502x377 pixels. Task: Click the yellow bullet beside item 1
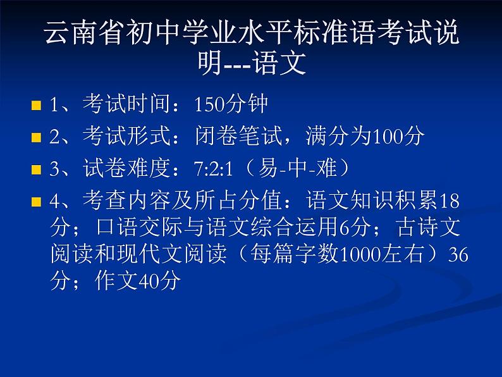click(36, 105)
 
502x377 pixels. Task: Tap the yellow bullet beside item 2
click(36, 137)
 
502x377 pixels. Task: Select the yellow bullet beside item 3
click(36, 170)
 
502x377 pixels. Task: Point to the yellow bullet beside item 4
click(36, 202)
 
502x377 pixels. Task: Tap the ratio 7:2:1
click(217, 169)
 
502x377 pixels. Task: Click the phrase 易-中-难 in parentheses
click(297, 168)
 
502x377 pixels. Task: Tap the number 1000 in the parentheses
click(358, 254)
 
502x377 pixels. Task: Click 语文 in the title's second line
click(279, 63)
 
